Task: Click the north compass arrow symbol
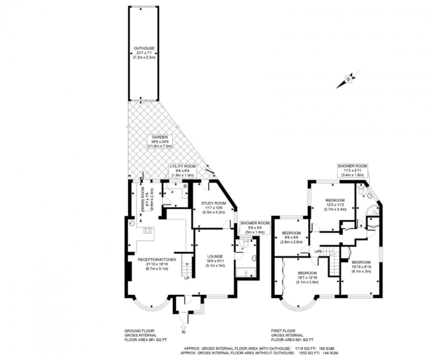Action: pyautogui.click(x=348, y=79)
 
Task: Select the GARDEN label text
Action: pyautogui.click(x=161, y=137)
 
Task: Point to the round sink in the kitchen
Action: pyautogui.click(x=132, y=223)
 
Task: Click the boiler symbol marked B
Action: pyautogui.click(x=185, y=186)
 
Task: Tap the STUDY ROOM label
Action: pyautogui.click(x=213, y=203)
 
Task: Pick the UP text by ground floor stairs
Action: pyautogui.click(x=187, y=278)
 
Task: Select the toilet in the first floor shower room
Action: pyautogui.click(x=361, y=190)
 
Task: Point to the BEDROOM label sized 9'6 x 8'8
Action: pyautogui.click(x=291, y=233)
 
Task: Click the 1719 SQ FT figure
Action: pyautogui.click(x=304, y=348)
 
